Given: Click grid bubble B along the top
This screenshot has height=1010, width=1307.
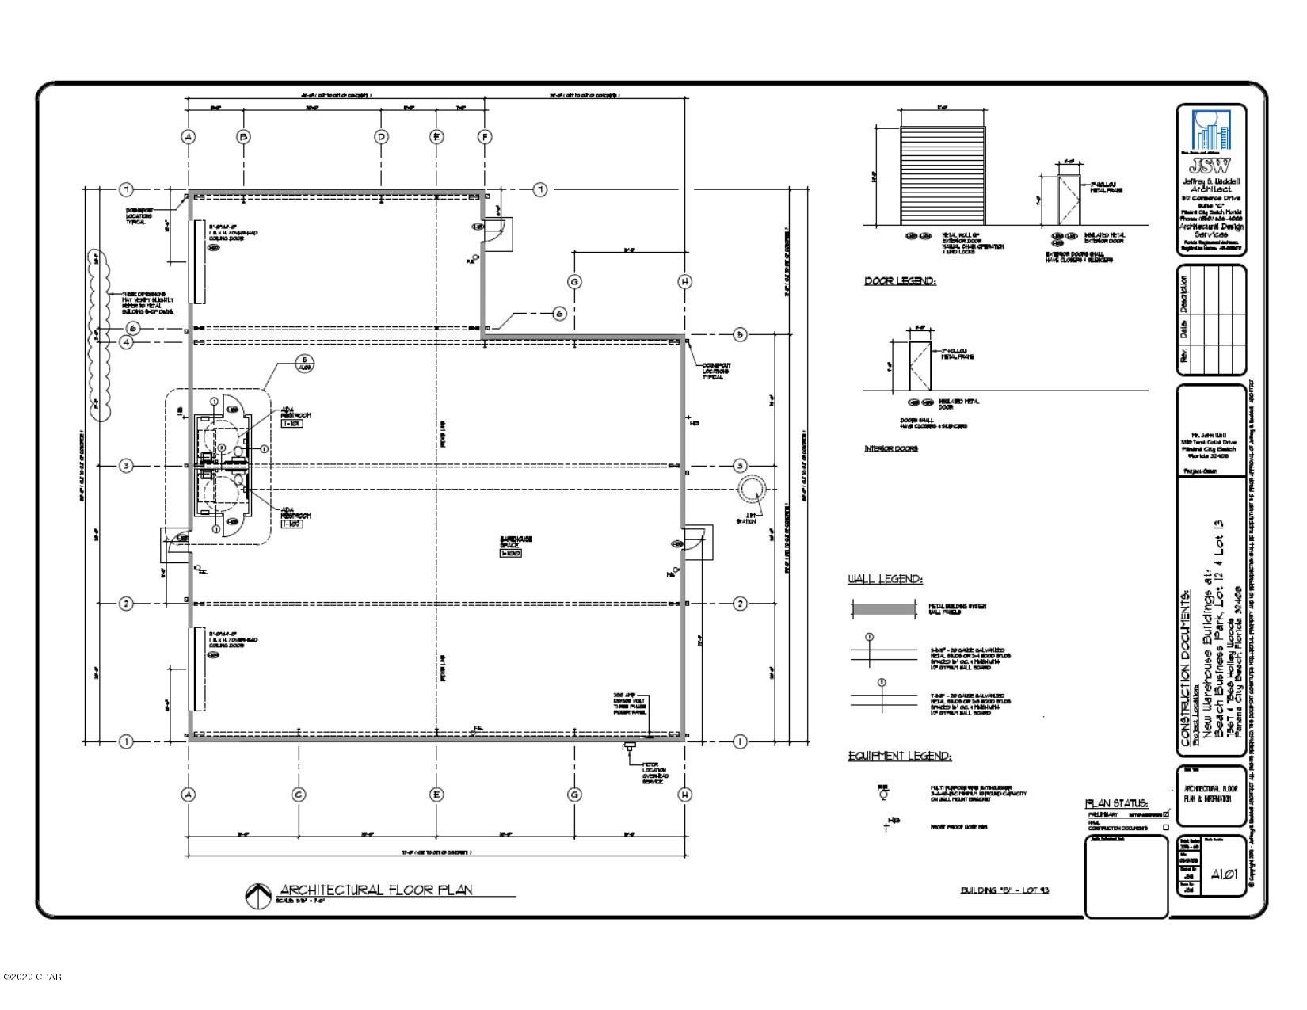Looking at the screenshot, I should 244,136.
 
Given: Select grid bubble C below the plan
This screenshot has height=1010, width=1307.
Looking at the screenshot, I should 299,795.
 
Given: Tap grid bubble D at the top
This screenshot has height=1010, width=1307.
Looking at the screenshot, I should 381,136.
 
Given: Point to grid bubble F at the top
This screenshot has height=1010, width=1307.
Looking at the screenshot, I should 485,136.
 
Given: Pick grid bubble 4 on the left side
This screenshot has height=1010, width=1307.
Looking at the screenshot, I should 126,342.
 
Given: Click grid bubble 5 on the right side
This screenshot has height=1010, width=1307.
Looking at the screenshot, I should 740,335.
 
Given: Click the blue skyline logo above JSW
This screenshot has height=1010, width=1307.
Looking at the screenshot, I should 1211,131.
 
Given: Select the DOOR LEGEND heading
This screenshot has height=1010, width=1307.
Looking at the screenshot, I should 900,281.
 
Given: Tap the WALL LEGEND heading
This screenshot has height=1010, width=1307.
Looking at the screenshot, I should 885,580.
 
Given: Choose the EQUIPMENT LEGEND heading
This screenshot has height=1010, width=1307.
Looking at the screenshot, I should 900,757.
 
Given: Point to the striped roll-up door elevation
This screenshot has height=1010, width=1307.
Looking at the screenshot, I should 943,175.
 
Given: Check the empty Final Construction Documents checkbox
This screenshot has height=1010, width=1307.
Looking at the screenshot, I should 1165,828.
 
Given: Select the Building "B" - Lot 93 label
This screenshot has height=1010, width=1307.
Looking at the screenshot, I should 1004,890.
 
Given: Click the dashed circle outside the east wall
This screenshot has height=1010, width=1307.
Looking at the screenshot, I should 752,490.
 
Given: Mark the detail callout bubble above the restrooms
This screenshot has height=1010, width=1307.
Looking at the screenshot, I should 304,365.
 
